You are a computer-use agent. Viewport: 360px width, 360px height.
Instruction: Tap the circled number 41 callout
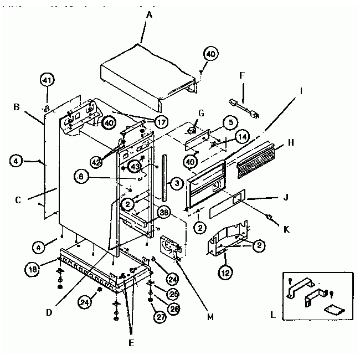tap(47, 80)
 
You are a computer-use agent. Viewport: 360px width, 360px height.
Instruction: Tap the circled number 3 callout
tap(176, 183)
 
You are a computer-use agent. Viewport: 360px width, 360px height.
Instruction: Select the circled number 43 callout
tap(135, 166)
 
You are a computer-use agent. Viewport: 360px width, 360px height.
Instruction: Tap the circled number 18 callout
tap(33, 269)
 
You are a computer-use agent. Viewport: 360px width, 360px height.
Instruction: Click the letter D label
tap(50, 312)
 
